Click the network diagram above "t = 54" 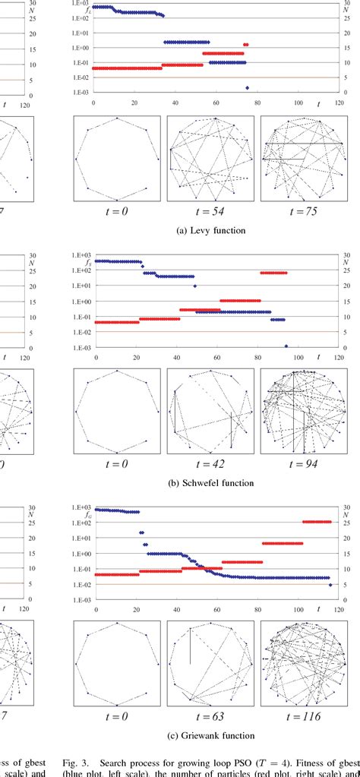click(x=210, y=158)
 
